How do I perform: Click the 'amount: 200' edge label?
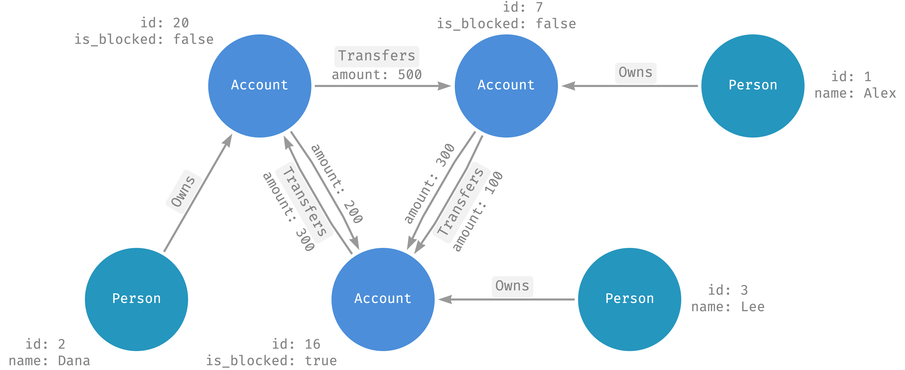pos(337,183)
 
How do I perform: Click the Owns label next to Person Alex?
pos(635,72)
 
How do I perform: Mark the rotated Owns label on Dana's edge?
pos(183,192)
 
